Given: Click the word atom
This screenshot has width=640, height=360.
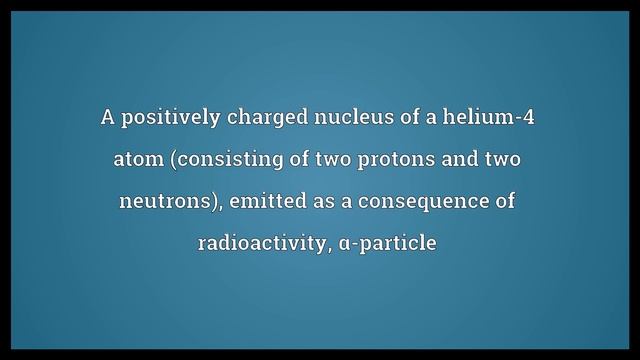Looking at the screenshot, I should click(139, 160).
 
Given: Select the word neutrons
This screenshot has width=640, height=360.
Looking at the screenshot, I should click(166, 202).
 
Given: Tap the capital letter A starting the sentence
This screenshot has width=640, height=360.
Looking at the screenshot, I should click(107, 118).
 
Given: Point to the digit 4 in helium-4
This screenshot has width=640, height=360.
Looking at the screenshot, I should click(531, 118).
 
